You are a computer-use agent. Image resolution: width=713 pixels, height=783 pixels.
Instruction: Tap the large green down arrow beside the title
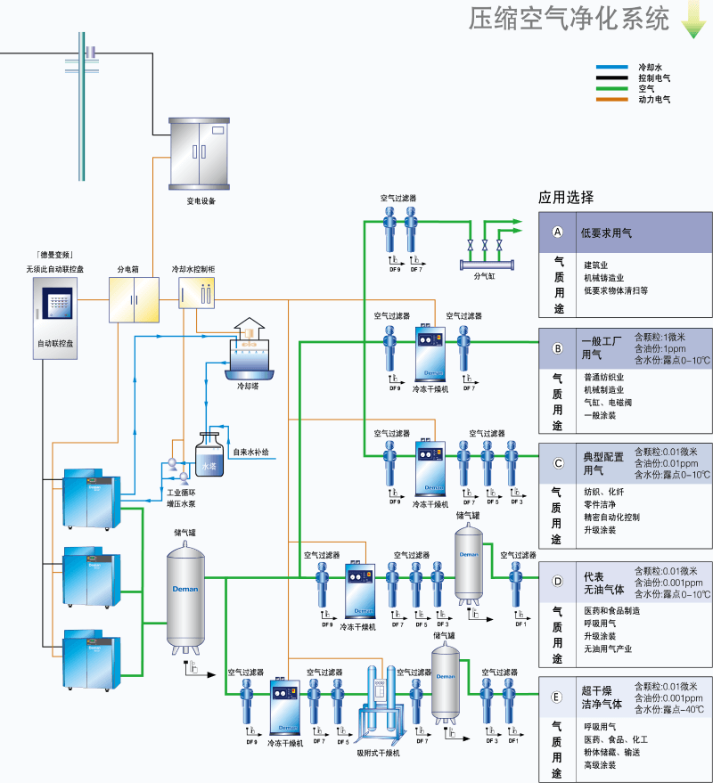[x=693, y=20]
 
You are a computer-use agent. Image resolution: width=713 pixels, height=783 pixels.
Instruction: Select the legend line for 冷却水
[x=614, y=67]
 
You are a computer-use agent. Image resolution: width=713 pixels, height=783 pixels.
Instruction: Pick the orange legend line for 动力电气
[x=614, y=100]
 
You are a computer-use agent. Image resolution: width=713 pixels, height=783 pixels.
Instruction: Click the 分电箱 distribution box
[x=134, y=299]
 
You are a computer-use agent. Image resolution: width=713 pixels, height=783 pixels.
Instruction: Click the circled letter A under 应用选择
[x=558, y=232]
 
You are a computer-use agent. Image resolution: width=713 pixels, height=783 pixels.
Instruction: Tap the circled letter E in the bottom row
[x=558, y=698]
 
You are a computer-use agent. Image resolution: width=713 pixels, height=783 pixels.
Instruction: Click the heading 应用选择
[x=566, y=198]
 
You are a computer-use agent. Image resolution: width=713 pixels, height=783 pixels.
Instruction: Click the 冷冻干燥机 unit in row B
[x=432, y=353]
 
